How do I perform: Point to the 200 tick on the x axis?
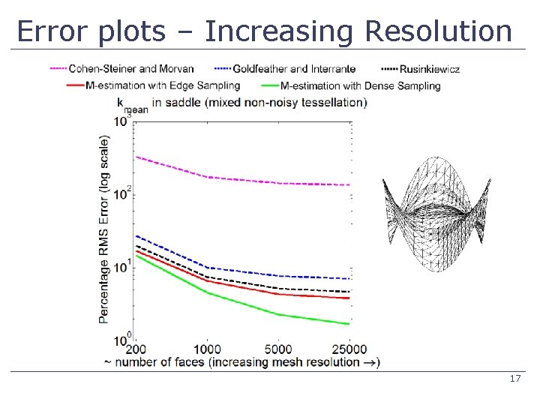(x=136, y=349)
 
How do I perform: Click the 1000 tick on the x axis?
(x=207, y=349)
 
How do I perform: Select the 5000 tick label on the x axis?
(x=278, y=349)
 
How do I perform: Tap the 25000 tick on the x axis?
(x=349, y=349)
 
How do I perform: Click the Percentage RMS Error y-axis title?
(x=104, y=229)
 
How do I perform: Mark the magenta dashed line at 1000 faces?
(x=207, y=177)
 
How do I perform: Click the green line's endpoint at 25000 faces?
(x=349, y=324)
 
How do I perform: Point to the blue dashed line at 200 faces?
(x=136, y=236)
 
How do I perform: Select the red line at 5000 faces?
(x=278, y=294)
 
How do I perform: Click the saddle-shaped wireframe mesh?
(x=436, y=214)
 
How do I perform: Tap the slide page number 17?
(x=514, y=379)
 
